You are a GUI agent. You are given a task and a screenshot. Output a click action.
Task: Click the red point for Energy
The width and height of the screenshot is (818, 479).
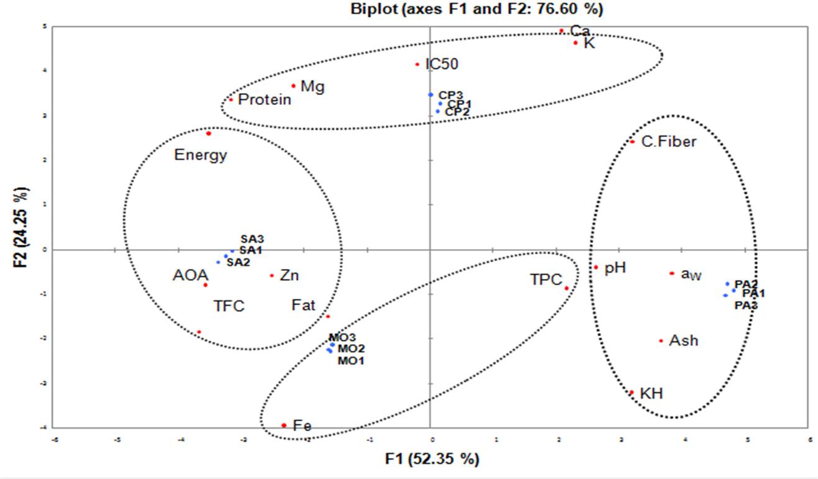click(x=209, y=134)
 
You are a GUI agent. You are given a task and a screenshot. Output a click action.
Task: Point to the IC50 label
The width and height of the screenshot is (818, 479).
click(x=442, y=65)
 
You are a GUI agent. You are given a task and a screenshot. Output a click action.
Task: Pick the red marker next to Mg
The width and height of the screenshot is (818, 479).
click(x=293, y=86)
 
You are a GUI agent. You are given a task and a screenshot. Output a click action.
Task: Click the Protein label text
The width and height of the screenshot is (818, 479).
click(x=265, y=99)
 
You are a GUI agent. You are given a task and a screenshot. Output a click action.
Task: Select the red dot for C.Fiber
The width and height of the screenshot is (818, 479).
click(x=632, y=142)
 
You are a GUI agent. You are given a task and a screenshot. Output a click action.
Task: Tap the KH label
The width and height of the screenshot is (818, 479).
click(x=651, y=394)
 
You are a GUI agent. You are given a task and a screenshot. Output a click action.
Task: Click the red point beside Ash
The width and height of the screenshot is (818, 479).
click(x=661, y=340)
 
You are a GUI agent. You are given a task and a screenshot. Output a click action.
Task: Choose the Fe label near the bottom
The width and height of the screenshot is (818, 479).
click(x=302, y=426)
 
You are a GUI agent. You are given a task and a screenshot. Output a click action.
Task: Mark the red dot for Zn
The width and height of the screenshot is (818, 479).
click(x=272, y=275)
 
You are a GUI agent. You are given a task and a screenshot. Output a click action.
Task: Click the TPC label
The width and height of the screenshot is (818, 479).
click(x=546, y=280)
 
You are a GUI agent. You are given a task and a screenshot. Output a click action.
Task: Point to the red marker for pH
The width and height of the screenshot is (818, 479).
click(x=595, y=267)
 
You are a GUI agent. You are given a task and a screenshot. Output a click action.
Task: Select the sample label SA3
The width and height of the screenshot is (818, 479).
click(x=252, y=239)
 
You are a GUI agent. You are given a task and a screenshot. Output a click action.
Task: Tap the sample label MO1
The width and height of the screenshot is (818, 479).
click(x=351, y=360)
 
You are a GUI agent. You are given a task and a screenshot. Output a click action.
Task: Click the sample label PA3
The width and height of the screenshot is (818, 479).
click(x=746, y=306)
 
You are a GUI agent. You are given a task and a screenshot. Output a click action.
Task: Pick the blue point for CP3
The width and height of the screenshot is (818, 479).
click(x=430, y=94)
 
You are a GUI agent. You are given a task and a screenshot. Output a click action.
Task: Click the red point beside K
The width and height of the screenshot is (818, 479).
click(x=576, y=43)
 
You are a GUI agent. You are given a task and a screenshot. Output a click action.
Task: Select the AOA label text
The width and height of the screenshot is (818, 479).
click(x=186, y=275)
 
